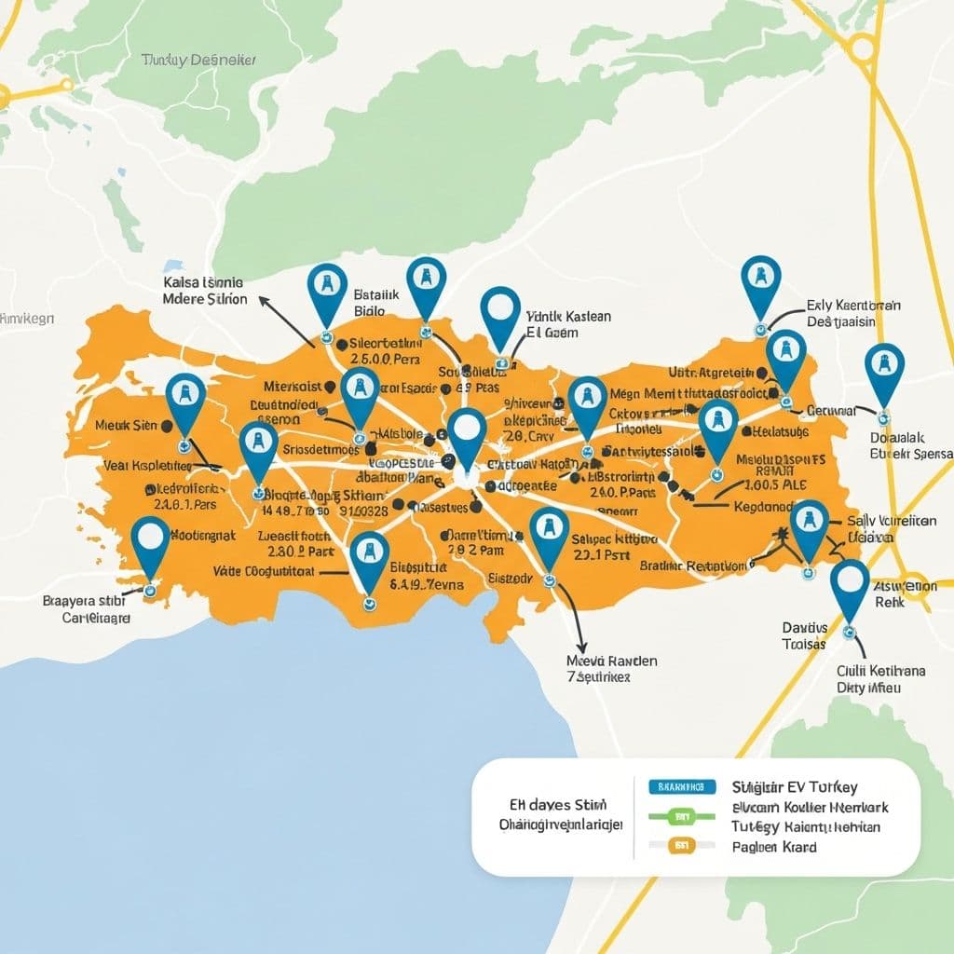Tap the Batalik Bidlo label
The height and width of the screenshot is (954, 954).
tap(376, 300)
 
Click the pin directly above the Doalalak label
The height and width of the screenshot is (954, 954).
tap(883, 371)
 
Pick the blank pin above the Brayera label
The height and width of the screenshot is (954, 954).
tap(150, 544)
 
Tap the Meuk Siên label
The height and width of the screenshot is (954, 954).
tap(126, 426)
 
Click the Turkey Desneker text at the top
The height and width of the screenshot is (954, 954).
tap(198, 60)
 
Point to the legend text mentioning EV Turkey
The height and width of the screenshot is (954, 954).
tap(795, 787)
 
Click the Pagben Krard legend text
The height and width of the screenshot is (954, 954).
tap(774, 847)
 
